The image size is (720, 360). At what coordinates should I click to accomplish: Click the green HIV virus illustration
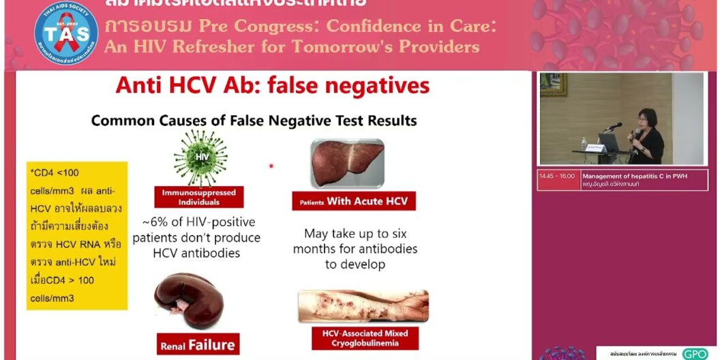coord(200,158)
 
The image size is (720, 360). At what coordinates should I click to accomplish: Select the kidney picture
coord(190,301)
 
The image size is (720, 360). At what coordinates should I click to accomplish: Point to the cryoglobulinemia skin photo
coord(363,306)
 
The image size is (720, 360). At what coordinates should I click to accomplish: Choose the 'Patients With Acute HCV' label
coord(353,202)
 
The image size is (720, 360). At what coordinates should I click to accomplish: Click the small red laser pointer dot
coord(271,166)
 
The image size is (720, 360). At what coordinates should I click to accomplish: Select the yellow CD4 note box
coord(77,235)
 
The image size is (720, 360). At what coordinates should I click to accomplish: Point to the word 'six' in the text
coord(402,233)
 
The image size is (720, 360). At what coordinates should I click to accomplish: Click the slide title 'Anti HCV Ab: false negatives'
coord(273,86)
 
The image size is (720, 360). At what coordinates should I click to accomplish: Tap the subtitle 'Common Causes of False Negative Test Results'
coord(254,121)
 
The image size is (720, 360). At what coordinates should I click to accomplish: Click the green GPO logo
coord(695,354)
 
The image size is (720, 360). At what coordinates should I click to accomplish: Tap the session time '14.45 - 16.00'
coord(556,176)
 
